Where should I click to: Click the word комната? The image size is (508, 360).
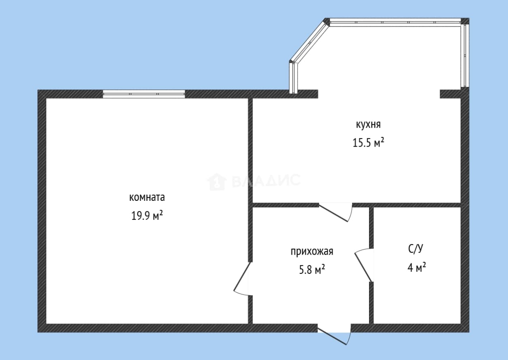(147, 198)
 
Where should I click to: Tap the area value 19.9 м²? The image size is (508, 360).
(147, 215)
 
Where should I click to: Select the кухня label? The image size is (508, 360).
(368, 124)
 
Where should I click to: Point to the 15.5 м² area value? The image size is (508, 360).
(368, 143)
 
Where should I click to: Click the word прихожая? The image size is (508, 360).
(312, 251)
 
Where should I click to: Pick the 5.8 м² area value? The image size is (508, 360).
(312, 269)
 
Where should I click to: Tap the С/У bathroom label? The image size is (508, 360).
(416, 249)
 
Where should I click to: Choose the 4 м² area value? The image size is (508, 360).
(416, 268)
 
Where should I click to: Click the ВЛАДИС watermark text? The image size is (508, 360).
(266, 181)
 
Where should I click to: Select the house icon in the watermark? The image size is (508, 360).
(217, 182)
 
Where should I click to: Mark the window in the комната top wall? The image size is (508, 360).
(144, 94)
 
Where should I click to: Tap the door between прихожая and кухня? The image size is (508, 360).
(336, 212)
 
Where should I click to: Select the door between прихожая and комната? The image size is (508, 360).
(243, 279)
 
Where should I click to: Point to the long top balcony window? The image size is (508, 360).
(395, 22)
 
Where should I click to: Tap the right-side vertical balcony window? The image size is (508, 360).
(465, 55)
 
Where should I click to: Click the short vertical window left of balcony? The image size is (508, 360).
(293, 77)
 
